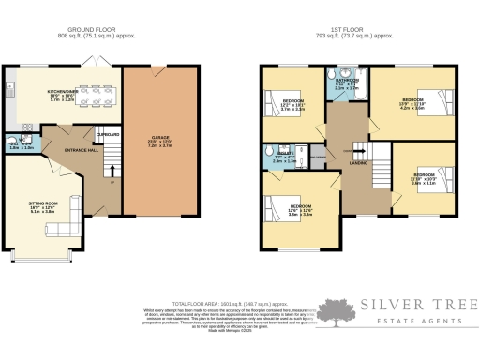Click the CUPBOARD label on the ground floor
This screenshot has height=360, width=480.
click(108, 136)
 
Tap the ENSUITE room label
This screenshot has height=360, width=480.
click(277, 157)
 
